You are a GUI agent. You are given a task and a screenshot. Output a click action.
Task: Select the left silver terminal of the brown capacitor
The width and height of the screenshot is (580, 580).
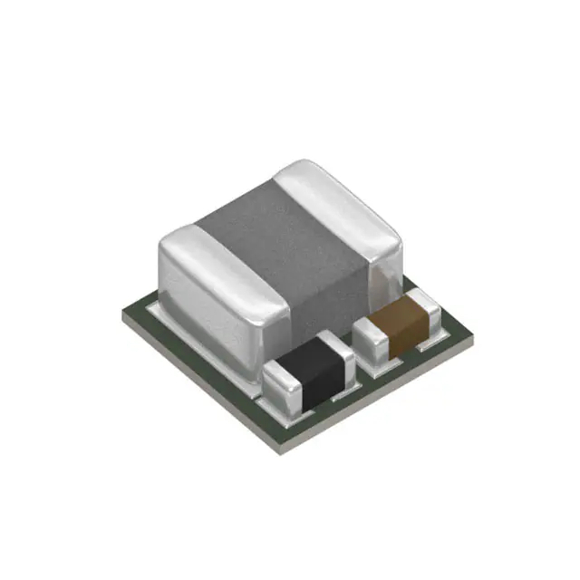pos(370,337)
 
